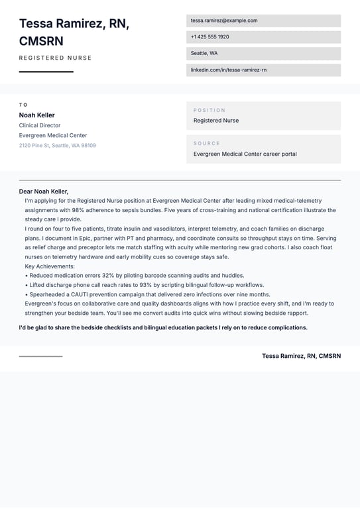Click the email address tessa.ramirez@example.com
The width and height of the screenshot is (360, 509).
point(223,21)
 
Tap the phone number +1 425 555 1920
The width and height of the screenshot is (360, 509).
point(210,37)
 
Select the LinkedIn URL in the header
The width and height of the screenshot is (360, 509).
point(228,70)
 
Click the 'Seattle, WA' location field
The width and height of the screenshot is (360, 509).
point(204,53)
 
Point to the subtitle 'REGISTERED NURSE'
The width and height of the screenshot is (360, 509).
point(56,58)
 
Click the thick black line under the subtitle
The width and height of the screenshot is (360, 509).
point(46,72)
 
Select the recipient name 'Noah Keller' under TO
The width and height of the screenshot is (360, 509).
point(36,115)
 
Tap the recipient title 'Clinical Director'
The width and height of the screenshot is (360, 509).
point(40,125)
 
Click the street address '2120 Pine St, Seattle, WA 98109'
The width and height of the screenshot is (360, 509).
point(57,146)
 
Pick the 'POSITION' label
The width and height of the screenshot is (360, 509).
point(210,110)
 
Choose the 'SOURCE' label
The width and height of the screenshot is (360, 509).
point(206,143)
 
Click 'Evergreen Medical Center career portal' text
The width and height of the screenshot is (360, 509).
point(245,154)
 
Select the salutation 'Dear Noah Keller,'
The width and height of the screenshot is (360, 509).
point(44,192)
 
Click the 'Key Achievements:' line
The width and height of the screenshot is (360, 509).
point(50,266)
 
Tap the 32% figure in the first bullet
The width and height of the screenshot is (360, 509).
point(109,276)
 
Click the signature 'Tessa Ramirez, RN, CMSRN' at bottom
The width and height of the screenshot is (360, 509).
point(301,356)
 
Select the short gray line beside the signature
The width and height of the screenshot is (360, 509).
point(40,357)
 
